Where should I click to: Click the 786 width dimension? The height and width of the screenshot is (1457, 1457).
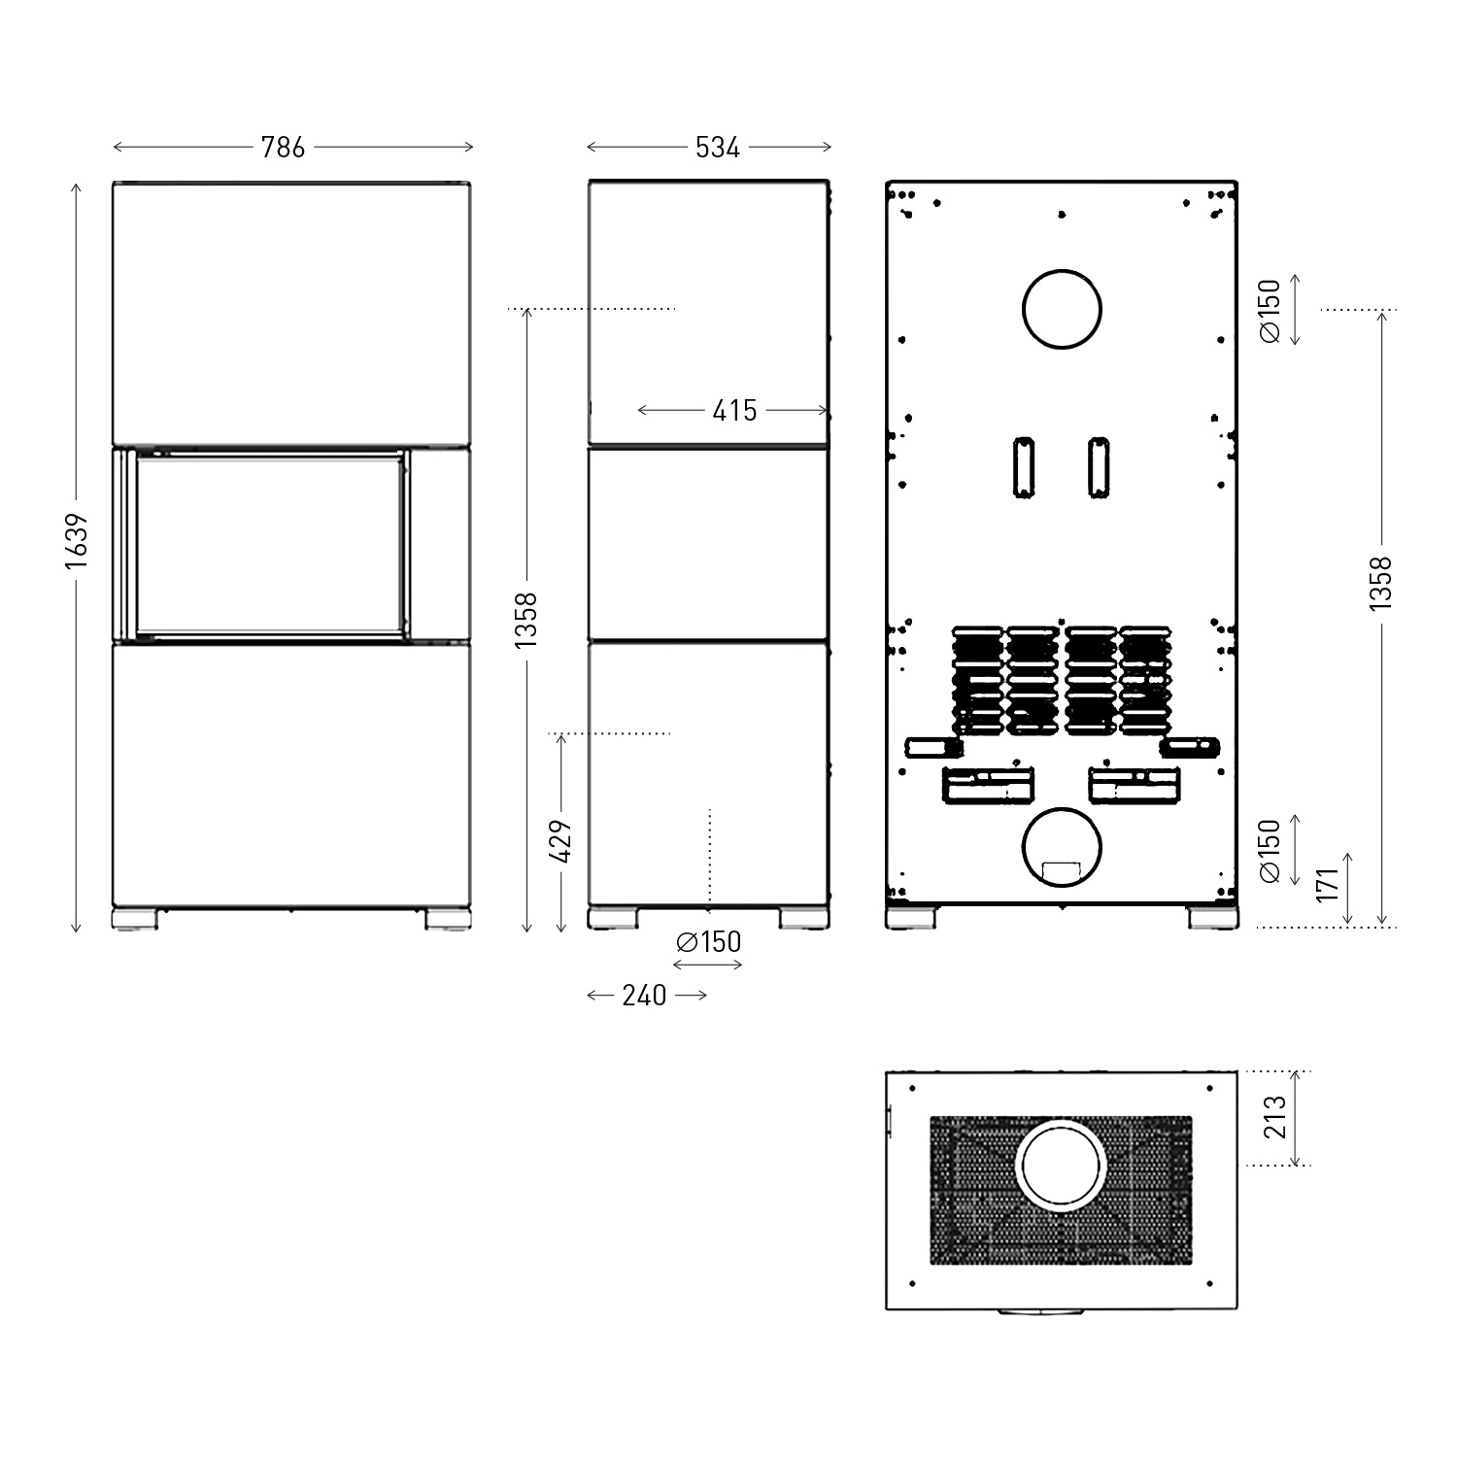click(283, 148)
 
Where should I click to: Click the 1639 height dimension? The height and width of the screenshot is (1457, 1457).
click(77, 548)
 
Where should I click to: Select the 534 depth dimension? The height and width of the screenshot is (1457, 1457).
click(718, 148)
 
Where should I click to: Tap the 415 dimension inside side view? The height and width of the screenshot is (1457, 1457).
click(734, 411)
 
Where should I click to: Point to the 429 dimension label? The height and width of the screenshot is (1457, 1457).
click(560, 841)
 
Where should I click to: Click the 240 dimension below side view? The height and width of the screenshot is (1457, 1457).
click(644, 996)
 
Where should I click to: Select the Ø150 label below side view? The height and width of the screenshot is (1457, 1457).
click(709, 942)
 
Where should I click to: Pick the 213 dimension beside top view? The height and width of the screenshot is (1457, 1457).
click(1275, 1117)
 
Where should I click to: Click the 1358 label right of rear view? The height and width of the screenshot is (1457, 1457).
click(1380, 583)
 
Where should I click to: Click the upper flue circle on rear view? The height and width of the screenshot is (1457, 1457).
click(1062, 310)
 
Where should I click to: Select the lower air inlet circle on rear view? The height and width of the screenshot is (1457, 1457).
click(1062, 848)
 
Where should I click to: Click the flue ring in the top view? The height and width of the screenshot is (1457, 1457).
click(1061, 1165)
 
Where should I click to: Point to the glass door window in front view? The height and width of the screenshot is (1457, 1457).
click(269, 545)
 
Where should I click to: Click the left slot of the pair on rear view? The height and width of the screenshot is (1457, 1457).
click(1024, 467)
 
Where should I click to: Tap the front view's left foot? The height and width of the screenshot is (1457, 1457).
click(134, 919)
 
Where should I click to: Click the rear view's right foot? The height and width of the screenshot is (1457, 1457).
click(1212, 919)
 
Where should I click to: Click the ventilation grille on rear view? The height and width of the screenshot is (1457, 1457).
click(1062, 680)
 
